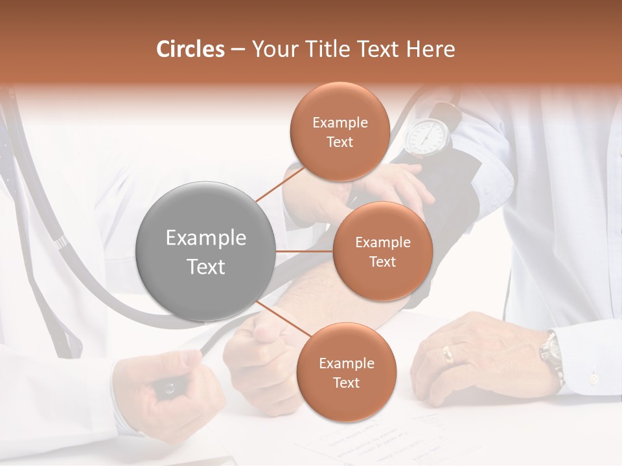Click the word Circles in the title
click(x=190, y=49)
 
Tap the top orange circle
click(x=340, y=131)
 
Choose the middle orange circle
click(x=382, y=251)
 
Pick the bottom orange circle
click(x=346, y=372)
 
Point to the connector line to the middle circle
click(x=305, y=251)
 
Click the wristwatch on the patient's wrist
click(x=551, y=353)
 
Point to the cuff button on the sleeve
click(x=593, y=377)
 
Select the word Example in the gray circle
click(x=206, y=238)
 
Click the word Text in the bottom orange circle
click(x=346, y=383)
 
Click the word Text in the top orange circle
click(x=340, y=142)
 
